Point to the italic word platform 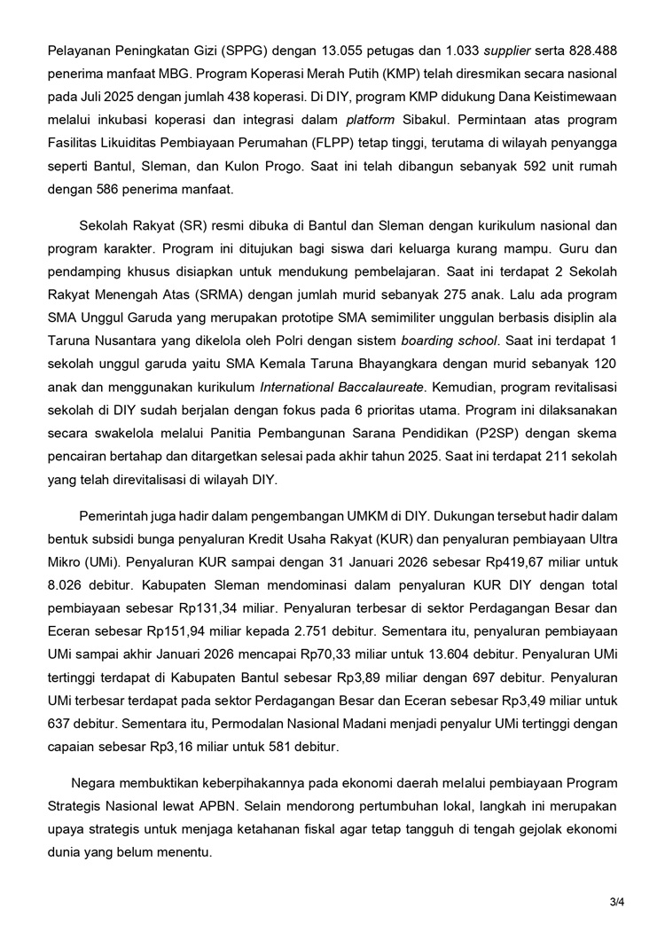371,119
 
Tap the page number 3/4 617,903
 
